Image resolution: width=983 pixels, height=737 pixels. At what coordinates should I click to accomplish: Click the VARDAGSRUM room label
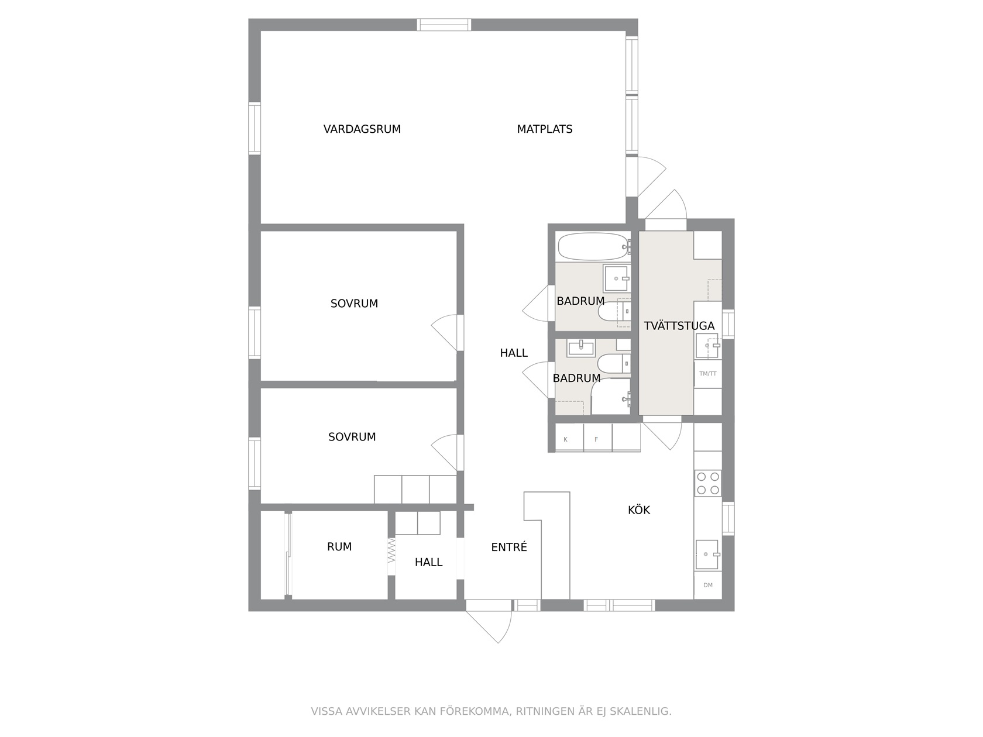click(x=362, y=129)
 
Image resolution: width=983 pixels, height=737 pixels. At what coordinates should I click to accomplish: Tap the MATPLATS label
click(x=545, y=129)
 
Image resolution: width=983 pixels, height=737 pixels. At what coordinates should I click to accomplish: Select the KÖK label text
click(x=638, y=509)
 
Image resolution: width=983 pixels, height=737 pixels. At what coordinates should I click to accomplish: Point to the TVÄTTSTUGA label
click(x=679, y=326)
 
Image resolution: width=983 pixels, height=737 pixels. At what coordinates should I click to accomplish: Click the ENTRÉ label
click(x=508, y=547)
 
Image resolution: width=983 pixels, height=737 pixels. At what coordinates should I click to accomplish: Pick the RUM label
click(x=339, y=546)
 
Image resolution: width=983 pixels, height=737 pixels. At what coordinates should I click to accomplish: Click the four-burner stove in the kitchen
click(x=707, y=483)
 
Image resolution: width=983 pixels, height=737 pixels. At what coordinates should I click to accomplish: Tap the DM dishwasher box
click(x=707, y=586)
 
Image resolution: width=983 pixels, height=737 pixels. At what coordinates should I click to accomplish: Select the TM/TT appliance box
click(x=707, y=374)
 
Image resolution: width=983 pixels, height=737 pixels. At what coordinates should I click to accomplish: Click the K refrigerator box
click(x=569, y=438)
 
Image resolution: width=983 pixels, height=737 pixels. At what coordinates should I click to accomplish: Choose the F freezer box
click(x=597, y=438)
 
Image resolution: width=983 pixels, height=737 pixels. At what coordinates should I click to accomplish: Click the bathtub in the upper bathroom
click(x=593, y=246)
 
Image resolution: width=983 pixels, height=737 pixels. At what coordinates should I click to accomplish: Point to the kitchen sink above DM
click(x=707, y=555)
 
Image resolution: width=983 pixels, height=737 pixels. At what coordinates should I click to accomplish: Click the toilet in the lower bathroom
click(x=614, y=363)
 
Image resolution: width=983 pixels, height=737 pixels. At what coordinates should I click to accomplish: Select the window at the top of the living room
click(x=444, y=25)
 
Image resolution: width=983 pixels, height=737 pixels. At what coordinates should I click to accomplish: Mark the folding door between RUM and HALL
click(x=391, y=550)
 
